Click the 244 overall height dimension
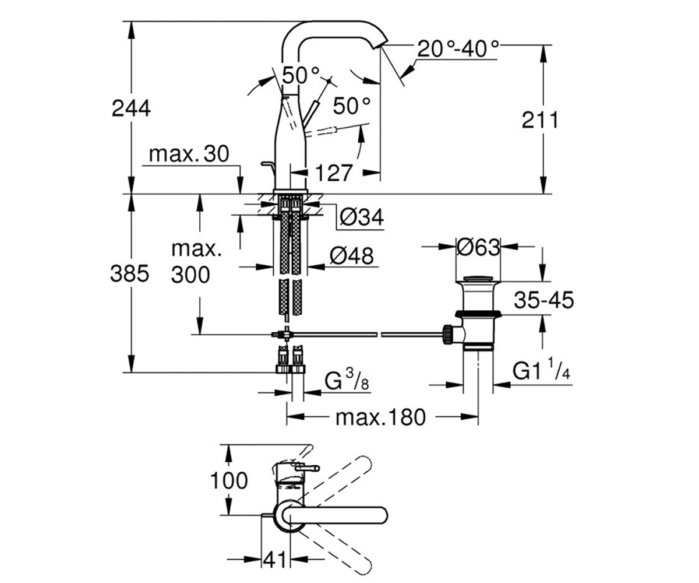coord(131,108)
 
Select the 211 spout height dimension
coord(540,120)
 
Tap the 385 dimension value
coord(129,273)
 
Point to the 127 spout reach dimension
coord(334,173)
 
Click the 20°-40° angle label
coord(458,49)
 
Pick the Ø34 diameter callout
coord(362,217)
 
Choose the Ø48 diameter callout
coord(351,256)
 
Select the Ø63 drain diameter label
coord(478,248)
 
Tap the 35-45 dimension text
coord(544,300)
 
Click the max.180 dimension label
coord(380,417)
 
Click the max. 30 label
coord(189,154)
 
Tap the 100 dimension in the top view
coord(229,480)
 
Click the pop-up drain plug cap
coord(478,279)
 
